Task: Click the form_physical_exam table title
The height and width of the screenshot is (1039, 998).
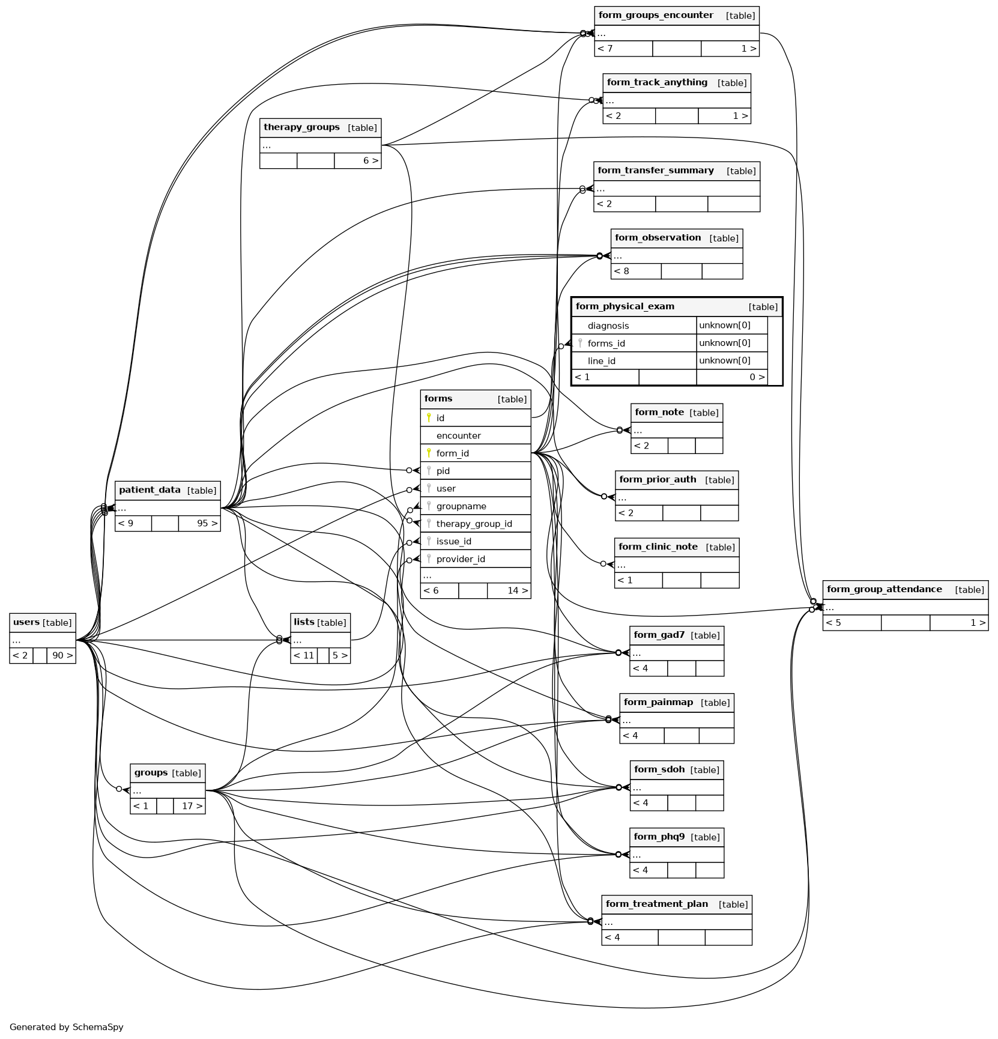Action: coord(625,306)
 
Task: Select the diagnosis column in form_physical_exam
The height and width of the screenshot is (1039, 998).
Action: coord(608,326)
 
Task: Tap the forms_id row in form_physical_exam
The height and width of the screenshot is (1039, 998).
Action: coord(606,344)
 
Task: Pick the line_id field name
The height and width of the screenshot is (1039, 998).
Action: coord(601,361)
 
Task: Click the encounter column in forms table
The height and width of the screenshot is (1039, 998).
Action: coord(458,435)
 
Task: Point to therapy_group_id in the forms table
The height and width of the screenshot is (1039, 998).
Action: coord(474,524)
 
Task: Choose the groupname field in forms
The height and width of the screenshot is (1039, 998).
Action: coord(461,506)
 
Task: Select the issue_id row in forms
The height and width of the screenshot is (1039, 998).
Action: coord(453,541)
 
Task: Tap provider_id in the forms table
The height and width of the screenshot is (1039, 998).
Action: coord(460,559)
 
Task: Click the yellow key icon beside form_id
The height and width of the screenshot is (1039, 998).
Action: coord(429,453)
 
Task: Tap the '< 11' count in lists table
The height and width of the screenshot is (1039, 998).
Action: coord(304,655)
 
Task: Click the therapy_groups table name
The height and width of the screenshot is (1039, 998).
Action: coord(301,127)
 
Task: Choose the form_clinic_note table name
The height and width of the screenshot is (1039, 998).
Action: coord(658,547)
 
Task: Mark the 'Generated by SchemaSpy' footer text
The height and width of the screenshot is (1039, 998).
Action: coord(67,1027)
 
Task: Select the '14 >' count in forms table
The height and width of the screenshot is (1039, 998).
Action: coord(517,590)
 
